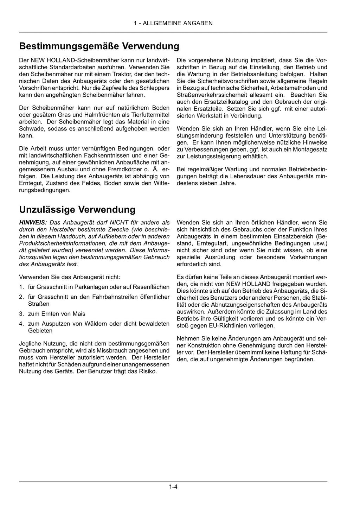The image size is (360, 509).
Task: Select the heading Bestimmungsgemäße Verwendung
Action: click(x=99, y=46)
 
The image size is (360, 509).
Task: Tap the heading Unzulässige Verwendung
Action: click(x=77, y=210)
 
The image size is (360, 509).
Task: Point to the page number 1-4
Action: click(x=173, y=487)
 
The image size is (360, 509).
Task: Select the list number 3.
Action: click(x=21, y=314)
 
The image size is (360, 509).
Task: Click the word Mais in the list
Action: click(x=79, y=314)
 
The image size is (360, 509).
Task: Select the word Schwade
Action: click(x=30, y=129)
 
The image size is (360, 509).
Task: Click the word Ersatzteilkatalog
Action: click(x=219, y=102)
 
